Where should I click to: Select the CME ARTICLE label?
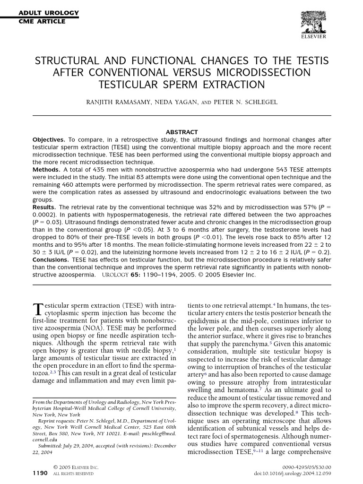(x=42, y=21)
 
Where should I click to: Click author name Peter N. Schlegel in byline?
(x=246, y=102)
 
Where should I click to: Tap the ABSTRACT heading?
(x=181, y=132)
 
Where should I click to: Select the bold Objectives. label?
(x=49, y=139)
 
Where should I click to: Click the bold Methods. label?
(x=46, y=169)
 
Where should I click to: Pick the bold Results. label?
(x=44, y=207)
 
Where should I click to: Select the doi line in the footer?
(x=293, y=473)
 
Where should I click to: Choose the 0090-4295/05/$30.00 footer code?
(x=308, y=467)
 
